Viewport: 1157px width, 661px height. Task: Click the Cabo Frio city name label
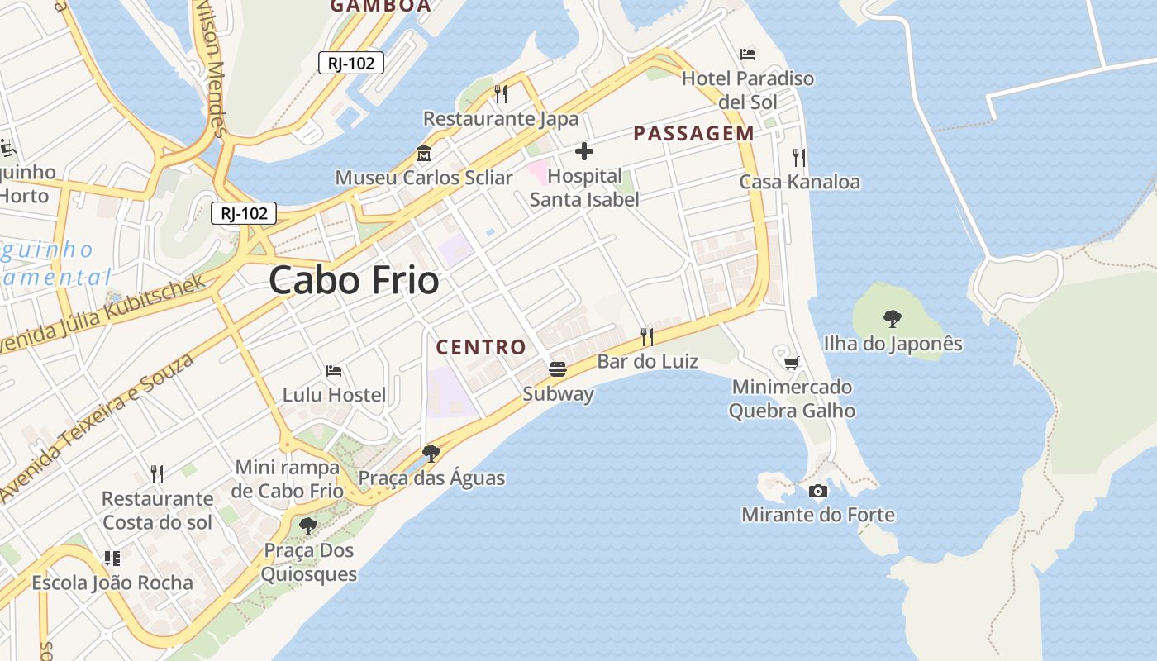(354, 280)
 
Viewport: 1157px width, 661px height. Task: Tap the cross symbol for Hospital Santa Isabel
(584, 151)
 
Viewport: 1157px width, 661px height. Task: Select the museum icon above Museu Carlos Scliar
(424, 154)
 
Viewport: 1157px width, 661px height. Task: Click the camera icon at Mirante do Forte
(818, 491)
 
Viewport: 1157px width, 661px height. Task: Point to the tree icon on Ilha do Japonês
(892, 318)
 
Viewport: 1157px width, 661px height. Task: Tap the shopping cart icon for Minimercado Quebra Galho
(792, 362)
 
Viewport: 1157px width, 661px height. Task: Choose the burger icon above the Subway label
(558, 369)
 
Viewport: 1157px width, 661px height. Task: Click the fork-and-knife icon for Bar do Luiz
(647, 336)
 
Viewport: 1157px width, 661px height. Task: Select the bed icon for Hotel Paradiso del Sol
(748, 55)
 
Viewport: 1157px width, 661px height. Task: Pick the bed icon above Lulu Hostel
(334, 370)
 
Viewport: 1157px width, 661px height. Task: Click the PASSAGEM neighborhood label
(693, 133)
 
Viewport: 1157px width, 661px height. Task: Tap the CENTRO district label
(481, 347)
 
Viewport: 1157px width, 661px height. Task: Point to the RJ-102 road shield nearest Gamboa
(351, 63)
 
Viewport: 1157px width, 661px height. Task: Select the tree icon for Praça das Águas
(431, 453)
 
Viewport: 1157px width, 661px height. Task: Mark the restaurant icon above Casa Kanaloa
(798, 157)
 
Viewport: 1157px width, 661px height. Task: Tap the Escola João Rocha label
(112, 583)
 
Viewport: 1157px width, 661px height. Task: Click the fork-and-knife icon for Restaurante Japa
(501, 93)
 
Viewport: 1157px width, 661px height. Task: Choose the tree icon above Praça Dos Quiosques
(308, 525)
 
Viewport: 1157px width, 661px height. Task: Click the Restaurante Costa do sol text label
(157, 511)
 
